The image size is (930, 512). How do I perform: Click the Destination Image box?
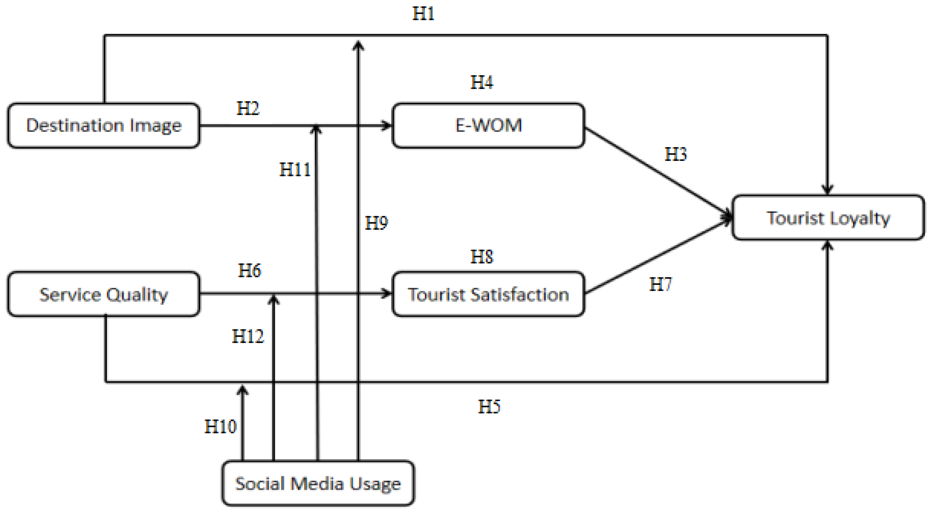[104, 126]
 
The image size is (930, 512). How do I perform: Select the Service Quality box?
[104, 294]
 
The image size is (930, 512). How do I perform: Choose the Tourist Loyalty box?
[828, 218]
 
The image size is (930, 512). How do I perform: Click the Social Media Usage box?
[318, 483]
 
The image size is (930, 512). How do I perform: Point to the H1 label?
[423, 14]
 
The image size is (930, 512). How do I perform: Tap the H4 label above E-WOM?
[482, 82]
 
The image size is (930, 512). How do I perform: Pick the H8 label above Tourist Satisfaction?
[482, 257]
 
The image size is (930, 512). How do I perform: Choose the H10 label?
[220, 426]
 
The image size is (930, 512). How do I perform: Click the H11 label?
[295, 170]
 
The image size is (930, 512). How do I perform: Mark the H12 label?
[248, 336]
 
